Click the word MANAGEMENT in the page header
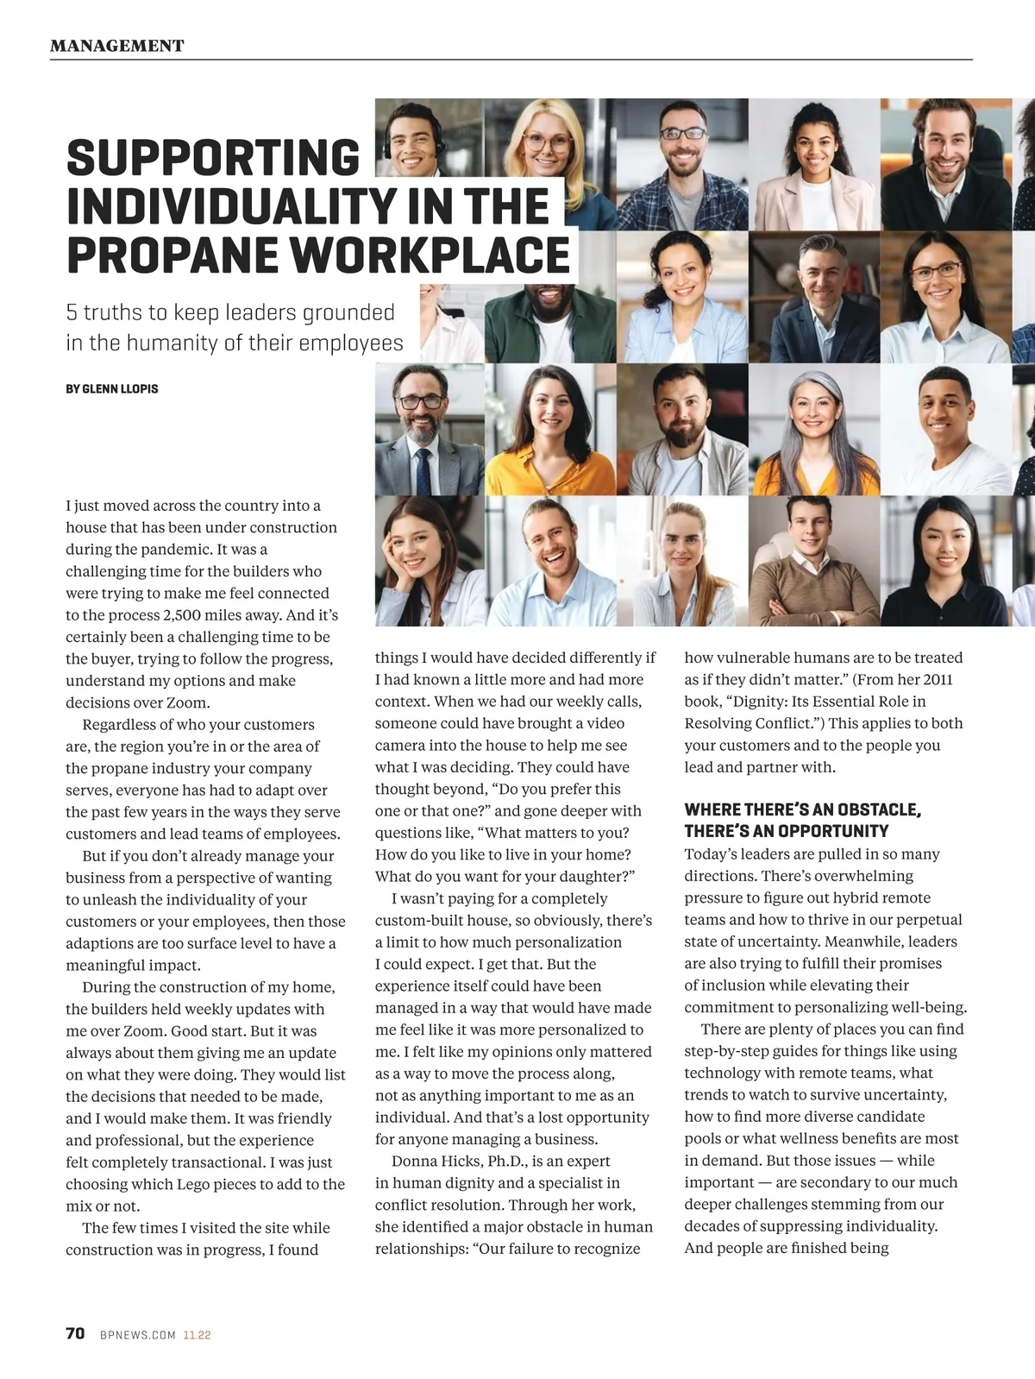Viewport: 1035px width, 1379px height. [x=116, y=46]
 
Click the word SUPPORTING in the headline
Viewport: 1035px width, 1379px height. [x=213, y=159]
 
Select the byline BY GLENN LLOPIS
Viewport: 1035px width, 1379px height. [x=112, y=389]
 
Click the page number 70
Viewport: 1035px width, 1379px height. [x=75, y=1333]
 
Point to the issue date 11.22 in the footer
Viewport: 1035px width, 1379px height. [x=197, y=1335]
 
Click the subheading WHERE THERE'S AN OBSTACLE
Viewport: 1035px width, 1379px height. [x=802, y=809]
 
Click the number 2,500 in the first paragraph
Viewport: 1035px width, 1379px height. [x=183, y=615]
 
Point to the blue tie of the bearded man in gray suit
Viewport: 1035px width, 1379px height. [x=423, y=470]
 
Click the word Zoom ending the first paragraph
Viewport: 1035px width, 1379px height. [x=190, y=702]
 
